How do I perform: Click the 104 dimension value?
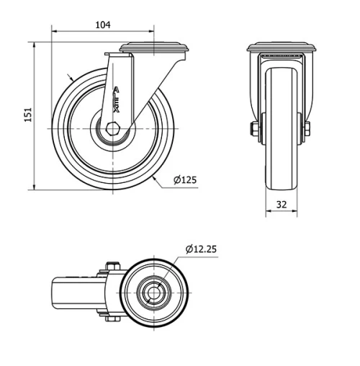pos(103,24)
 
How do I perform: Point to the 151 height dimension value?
pos(27,115)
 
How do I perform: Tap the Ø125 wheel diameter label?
pos(185,179)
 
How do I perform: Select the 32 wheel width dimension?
pos(282,204)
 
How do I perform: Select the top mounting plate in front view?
pos(282,48)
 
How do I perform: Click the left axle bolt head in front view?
pos(254,130)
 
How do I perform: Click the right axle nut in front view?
pos(307,130)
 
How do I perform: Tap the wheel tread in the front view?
pos(282,130)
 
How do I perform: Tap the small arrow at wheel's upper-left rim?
pos(70,76)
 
